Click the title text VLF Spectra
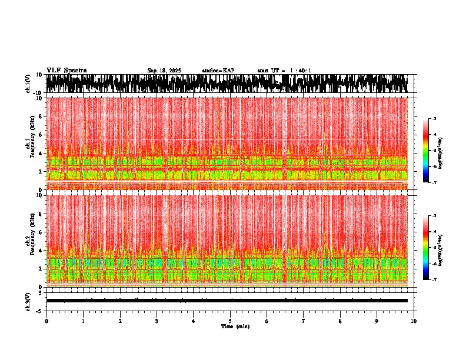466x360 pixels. [x=66, y=70]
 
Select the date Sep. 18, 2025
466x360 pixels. [x=164, y=71]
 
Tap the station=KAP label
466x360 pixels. [x=218, y=71]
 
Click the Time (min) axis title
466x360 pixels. [x=235, y=326]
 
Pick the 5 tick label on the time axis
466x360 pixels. [x=230, y=321]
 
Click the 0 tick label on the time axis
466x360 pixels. [x=46, y=321]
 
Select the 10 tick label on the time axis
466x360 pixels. [x=414, y=321]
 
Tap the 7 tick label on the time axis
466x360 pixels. [x=304, y=321]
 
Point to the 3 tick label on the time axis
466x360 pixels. [x=157, y=321]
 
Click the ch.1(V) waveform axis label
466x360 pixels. [x=28, y=84]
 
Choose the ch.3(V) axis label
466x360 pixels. [x=28, y=301]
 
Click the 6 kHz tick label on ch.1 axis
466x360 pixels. [x=41, y=135]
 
